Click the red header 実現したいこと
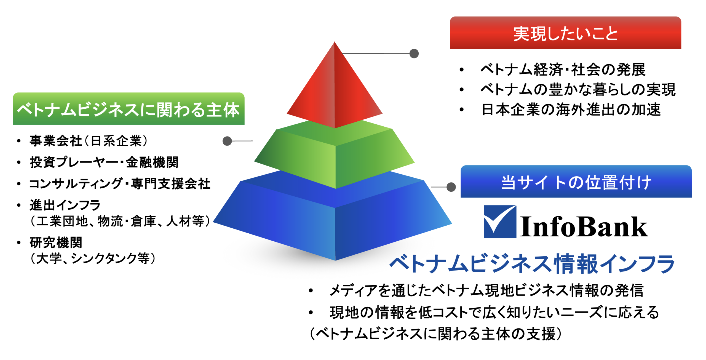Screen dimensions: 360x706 565,33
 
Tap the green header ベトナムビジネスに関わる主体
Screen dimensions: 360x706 129,109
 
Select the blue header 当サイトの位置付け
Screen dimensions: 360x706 576,182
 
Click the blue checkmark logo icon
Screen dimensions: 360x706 500,222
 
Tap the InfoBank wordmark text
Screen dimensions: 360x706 584,227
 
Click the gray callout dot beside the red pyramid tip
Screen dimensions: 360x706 414,54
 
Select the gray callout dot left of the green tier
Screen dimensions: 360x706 227,141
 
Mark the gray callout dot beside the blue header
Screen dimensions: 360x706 451,187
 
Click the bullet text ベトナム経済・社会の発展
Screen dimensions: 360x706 563,69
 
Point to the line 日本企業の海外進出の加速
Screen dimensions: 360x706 571,110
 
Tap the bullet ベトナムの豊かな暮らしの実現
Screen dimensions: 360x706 578,89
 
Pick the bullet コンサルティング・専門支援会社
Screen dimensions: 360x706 120,184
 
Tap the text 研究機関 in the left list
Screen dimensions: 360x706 56,243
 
